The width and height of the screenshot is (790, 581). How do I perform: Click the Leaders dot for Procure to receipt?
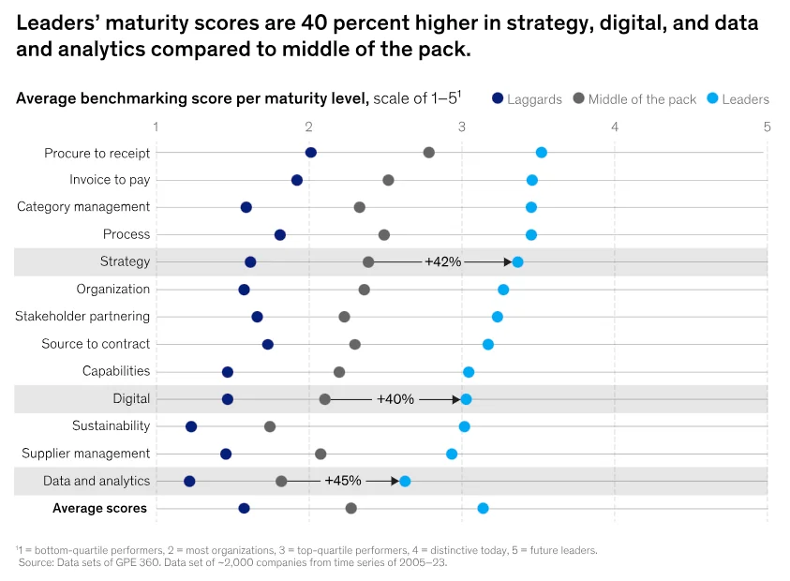[x=541, y=153]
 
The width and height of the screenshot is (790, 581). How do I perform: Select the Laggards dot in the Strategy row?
[x=250, y=262]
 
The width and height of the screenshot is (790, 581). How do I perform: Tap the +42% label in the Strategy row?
[x=442, y=262]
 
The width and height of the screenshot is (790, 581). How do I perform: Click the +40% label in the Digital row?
[x=395, y=399]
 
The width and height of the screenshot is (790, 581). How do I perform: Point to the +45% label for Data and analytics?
[x=343, y=481]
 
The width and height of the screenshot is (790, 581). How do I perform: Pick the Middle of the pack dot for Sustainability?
[x=270, y=426]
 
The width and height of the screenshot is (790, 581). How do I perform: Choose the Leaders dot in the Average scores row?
[x=483, y=508]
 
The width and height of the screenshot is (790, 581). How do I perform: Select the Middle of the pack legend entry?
[x=634, y=98]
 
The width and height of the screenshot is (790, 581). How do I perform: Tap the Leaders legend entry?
[x=738, y=98]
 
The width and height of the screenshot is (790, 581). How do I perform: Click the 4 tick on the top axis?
[x=615, y=126]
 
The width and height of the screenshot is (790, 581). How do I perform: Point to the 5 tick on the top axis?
[x=767, y=126]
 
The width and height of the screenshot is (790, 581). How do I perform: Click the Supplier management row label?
[x=86, y=454]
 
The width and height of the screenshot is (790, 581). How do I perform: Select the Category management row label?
[x=83, y=207]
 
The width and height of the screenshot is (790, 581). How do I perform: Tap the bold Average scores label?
[x=99, y=508]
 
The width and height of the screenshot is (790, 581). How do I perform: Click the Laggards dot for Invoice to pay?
[x=297, y=180]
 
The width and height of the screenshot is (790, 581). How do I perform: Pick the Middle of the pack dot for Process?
[x=383, y=234]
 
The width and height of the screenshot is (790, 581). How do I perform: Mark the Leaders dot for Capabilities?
[x=469, y=372]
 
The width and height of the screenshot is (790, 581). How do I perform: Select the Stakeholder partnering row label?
[x=82, y=317]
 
